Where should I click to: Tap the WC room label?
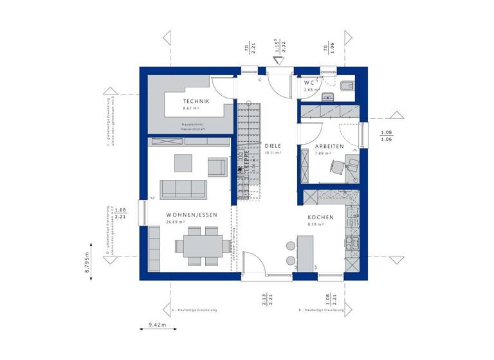point(309,83)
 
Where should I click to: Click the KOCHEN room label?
point(319,218)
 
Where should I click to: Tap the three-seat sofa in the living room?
point(183,188)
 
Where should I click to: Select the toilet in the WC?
point(345,87)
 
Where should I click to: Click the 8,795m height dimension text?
point(87,262)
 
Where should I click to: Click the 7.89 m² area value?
point(322,154)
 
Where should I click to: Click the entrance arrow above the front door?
point(279,61)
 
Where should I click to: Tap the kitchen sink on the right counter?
point(351,242)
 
